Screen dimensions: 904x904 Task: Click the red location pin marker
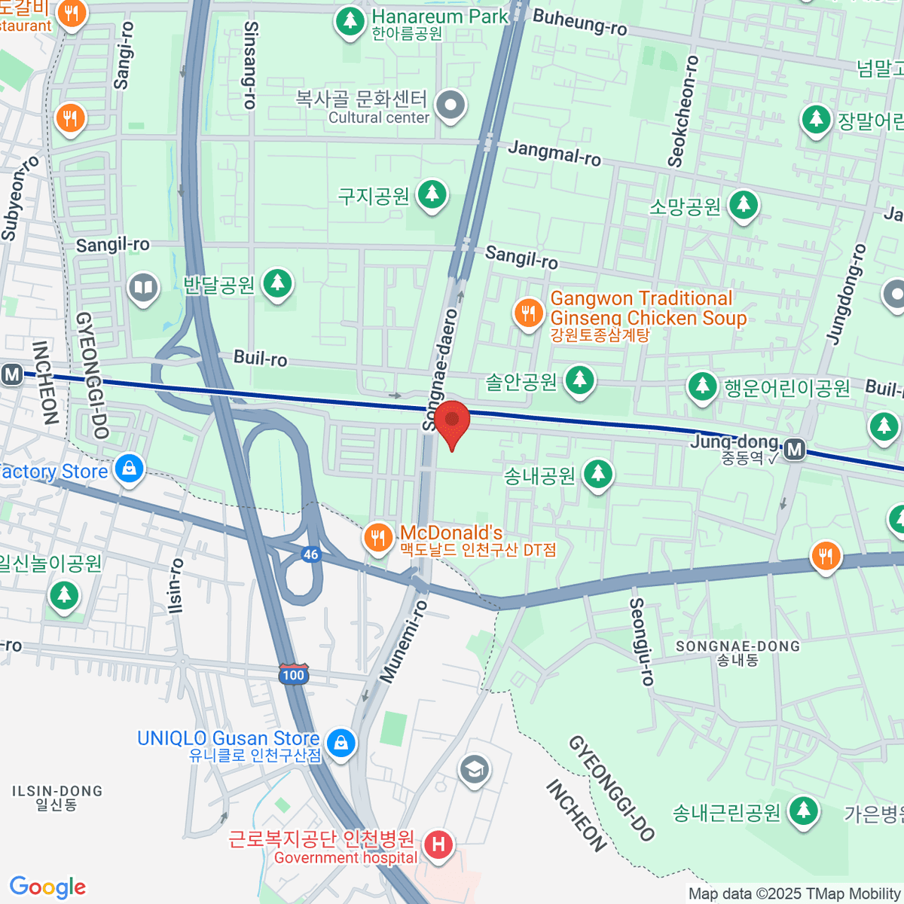tap(452, 422)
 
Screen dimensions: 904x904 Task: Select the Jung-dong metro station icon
tap(795, 450)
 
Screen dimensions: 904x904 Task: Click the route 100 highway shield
tap(293, 673)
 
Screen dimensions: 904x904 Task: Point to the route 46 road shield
tap(311, 554)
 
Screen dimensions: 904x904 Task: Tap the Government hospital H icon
tap(438, 844)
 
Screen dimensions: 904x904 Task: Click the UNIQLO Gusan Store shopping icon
tap(341, 743)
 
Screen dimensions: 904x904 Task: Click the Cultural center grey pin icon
tap(450, 106)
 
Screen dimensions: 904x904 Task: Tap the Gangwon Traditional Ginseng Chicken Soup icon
tap(528, 313)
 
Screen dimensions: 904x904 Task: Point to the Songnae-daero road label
tap(441, 369)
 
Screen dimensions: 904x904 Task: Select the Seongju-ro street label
tap(642, 642)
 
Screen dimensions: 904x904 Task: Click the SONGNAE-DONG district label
tap(737, 646)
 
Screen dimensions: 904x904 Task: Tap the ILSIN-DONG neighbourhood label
tap(57, 791)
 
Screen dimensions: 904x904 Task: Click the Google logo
tap(47, 887)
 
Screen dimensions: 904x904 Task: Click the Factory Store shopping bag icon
tap(129, 469)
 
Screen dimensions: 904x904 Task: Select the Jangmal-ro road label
tap(554, 153)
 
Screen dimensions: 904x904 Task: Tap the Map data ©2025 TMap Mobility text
tap(795, 894)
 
